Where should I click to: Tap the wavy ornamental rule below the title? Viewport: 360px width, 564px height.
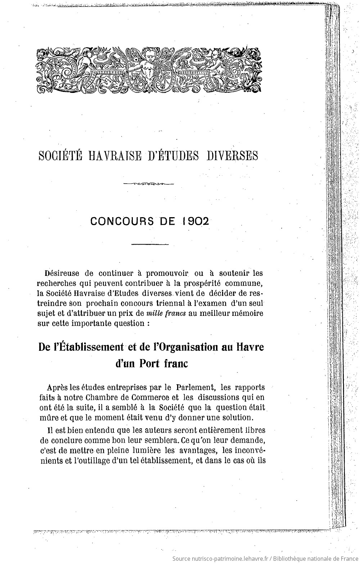click(x=148, y=184)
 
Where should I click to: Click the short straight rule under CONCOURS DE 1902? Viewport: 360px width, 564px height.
click(x=150, y=245)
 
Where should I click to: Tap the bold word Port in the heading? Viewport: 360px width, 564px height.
click(x=149, y=363)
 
